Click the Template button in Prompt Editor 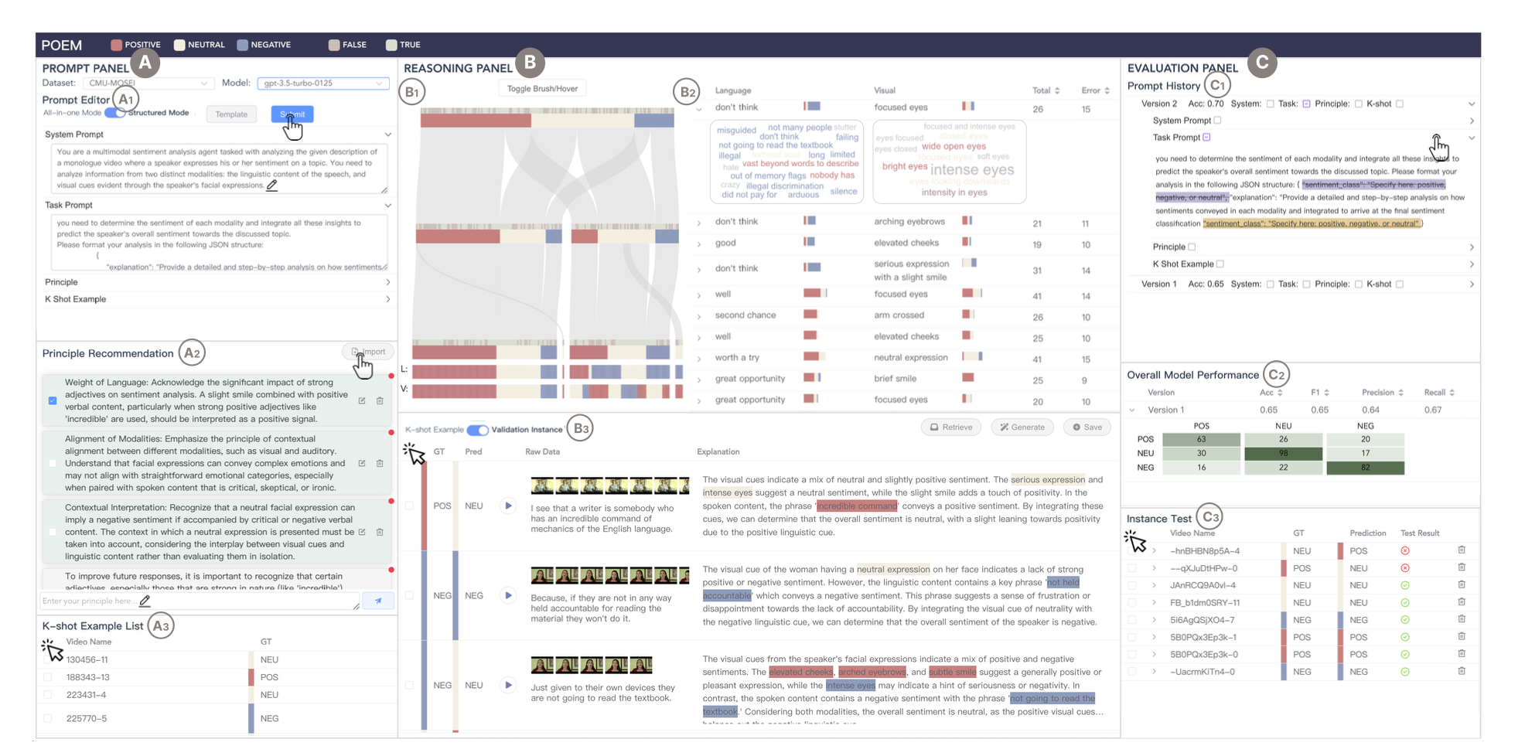[x=231, y=114]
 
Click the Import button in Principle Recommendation [x=369, y=352]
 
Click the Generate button [x=1022, y=427]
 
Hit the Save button [x=1087, y=427]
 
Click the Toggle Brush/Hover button [x=542, y=89]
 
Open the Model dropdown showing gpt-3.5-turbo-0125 [x=322, y=83]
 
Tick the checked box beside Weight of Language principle [x=53, y=400]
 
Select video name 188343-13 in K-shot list [x=88, y=677]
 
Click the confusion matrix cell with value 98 [x=1283, y=453]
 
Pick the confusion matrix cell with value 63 [x=1201, y=439]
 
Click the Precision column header [x=1378, y=393]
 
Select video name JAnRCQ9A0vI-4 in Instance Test [x=1203, y=585]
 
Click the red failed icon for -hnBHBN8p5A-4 [x=1405, y=551]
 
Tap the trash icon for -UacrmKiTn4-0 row [x=1462, y=671]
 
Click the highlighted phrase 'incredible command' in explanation [x=857, y=506]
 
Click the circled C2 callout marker [x=1276, y=375]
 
